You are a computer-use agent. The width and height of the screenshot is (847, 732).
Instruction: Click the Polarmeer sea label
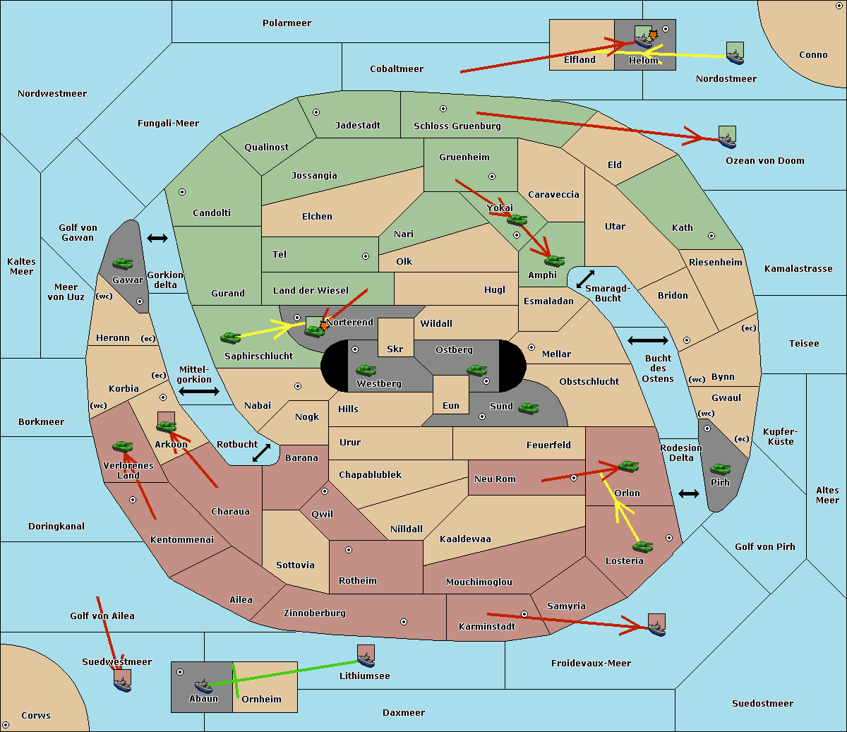coord(287,23)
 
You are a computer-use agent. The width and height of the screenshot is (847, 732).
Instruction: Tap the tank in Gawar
coord(123,263)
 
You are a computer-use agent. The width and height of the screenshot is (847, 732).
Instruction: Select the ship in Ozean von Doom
coord(727,140)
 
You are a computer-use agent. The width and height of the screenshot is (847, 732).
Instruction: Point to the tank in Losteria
coord(642,546)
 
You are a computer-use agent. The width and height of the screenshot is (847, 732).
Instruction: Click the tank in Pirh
coord(720,469)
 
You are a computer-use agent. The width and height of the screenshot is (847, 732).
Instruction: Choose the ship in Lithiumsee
coord(366,659)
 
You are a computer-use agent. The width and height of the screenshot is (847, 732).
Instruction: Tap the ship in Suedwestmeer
coord(123,683)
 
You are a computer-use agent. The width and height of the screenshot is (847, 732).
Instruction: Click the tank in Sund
coord(529,408)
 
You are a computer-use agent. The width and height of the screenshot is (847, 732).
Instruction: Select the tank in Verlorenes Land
coord(123,446)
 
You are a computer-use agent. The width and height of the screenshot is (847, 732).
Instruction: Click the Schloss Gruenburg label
coord(457,126)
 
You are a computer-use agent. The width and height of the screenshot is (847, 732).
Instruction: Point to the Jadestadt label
coord(357,126)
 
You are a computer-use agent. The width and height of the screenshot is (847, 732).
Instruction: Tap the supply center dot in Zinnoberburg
coord(404,622)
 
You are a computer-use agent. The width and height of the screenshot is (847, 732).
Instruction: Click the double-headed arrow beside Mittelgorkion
coord(198,391)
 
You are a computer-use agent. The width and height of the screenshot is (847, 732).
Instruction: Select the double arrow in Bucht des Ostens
coord(647,341)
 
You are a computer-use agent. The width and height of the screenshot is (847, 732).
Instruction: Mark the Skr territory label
coord(395,349)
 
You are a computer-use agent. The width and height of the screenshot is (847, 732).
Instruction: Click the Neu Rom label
coord(495,479)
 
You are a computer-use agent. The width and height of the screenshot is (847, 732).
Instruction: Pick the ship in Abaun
coord(203,685)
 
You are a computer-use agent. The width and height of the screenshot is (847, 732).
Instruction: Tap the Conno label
coord(813,55)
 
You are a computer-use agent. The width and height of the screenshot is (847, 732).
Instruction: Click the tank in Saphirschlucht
coord(230,338)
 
